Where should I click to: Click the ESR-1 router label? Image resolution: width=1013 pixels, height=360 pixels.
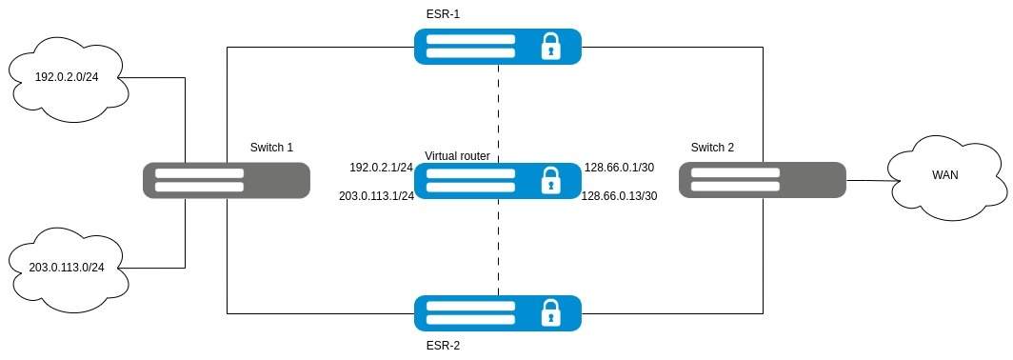tap(443, 14)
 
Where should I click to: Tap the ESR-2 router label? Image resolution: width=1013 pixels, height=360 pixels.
tap(443, 346)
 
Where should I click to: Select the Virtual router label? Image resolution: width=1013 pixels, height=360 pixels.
tap(457, 156)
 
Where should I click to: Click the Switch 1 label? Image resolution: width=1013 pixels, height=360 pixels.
tap(271, 148)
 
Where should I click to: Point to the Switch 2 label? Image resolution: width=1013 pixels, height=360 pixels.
tap(712, 148)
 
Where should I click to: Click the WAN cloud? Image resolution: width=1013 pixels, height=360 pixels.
tap(945, 176)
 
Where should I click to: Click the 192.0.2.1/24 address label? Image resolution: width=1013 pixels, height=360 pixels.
tap(381, 168)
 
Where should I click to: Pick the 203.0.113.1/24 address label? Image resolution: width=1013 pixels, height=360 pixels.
tap(375, 196)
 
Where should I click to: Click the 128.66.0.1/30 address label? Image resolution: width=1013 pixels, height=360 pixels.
tap(619, 168)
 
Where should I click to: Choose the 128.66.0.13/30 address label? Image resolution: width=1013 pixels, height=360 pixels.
tap(620, 196)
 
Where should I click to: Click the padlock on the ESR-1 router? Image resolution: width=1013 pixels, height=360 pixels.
tap(550, 47)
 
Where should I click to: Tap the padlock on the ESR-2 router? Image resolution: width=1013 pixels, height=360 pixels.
tap(550, 313)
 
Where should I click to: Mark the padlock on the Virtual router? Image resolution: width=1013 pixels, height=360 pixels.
tap(550, 180)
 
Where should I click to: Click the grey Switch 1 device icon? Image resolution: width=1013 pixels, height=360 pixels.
tap(227, 180)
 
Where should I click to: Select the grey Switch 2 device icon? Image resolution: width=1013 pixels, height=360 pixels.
tap(763, 180)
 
